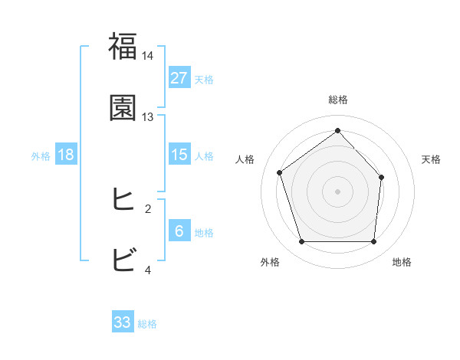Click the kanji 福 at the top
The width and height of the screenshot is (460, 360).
[x=123, y=47]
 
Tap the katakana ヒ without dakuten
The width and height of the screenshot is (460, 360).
[x=123, y=200]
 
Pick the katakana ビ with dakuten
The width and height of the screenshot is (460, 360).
[x=123, y=260]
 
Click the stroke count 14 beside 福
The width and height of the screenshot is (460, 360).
[x=148, y=57]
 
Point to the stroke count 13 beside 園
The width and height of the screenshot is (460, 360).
[x=148, y=117]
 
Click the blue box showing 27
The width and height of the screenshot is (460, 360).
[x=179, y=78]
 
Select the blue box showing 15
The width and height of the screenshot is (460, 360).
[x=179, y=155]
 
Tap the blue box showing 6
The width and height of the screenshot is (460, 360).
[x=179, y=231]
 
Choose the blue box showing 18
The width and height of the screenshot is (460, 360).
[x=66, y=155]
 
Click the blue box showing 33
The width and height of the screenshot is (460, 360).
[x=123, y=322]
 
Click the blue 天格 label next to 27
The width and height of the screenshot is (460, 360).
[x=204, y=79]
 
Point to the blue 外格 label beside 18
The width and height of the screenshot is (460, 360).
[x=41, y=155]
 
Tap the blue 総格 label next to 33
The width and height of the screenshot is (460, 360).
[x=147, y=323]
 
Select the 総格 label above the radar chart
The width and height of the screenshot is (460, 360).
[x=337, y=100]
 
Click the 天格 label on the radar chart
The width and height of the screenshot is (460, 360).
[x=432, y=159]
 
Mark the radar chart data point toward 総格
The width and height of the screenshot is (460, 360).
[x=337, y=130]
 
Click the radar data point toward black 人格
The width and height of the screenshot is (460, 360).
[x=280, y=172]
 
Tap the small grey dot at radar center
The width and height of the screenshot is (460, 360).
[x=337, y=191]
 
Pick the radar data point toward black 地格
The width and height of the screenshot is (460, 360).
[x=373, y=242]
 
